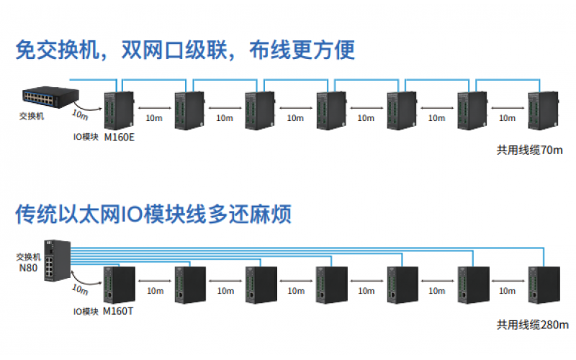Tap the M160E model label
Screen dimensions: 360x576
point(120,137)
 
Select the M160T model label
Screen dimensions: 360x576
point(119,311)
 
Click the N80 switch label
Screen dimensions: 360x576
point(27,266)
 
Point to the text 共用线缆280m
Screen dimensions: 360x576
point(532,324)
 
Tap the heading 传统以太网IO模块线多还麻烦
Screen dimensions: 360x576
point(153,214)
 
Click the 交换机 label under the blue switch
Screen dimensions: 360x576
point(31,115)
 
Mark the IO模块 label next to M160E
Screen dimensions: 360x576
point(86,137)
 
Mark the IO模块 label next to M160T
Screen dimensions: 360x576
point(86,311)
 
